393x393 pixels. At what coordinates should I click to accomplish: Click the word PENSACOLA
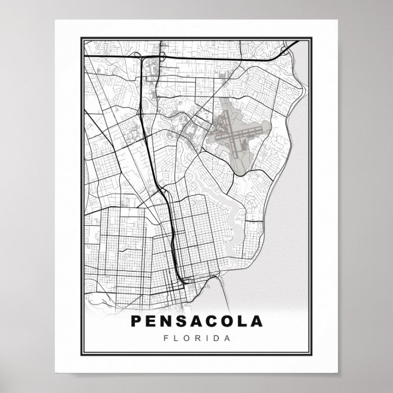(196, 322)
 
